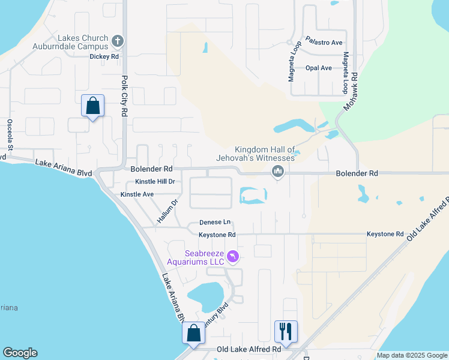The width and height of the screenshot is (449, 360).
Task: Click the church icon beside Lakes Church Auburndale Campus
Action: pyautogui.click(x=118, y=41)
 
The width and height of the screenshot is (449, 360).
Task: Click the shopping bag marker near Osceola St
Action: pyautogui.click(x=93, y=106)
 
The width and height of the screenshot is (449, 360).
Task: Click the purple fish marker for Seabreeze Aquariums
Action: pyautogui.click(x=234, y=257)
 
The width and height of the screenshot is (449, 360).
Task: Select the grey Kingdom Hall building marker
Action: pyautogui.click(x=277, y=172)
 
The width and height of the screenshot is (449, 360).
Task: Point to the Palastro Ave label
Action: pyautogui.click(x=324, y=42)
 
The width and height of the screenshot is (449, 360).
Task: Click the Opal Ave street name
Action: pyautogui.click(x=318, y=68)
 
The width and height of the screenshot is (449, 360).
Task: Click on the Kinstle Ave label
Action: pyautogui.click(x=137, y=194)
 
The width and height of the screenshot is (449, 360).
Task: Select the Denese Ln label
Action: pyautogui.click(x=215, y=222)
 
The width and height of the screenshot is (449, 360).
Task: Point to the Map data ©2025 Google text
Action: pyautogui.click(x=412, y=355)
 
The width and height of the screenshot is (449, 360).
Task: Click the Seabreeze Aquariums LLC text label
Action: pyautogui.click(x=204, y=257)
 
